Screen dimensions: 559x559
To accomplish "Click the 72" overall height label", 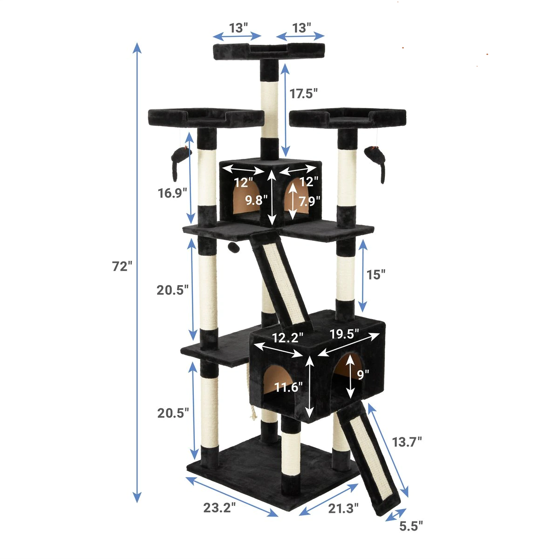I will point(122,266).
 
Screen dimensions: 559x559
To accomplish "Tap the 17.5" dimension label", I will point(303,93).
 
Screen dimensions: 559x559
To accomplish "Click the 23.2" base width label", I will point(219,507).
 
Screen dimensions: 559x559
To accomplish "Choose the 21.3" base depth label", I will point(344,508).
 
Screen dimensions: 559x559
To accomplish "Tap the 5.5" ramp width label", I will point(411,526).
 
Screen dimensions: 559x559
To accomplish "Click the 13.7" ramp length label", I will point(406,441).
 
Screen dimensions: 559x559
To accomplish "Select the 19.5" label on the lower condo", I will point(345,334).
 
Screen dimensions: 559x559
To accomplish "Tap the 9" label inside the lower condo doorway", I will point(363,374).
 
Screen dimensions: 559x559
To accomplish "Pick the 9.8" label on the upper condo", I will point(257,200).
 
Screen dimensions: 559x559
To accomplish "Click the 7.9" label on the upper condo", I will point(309,201).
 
